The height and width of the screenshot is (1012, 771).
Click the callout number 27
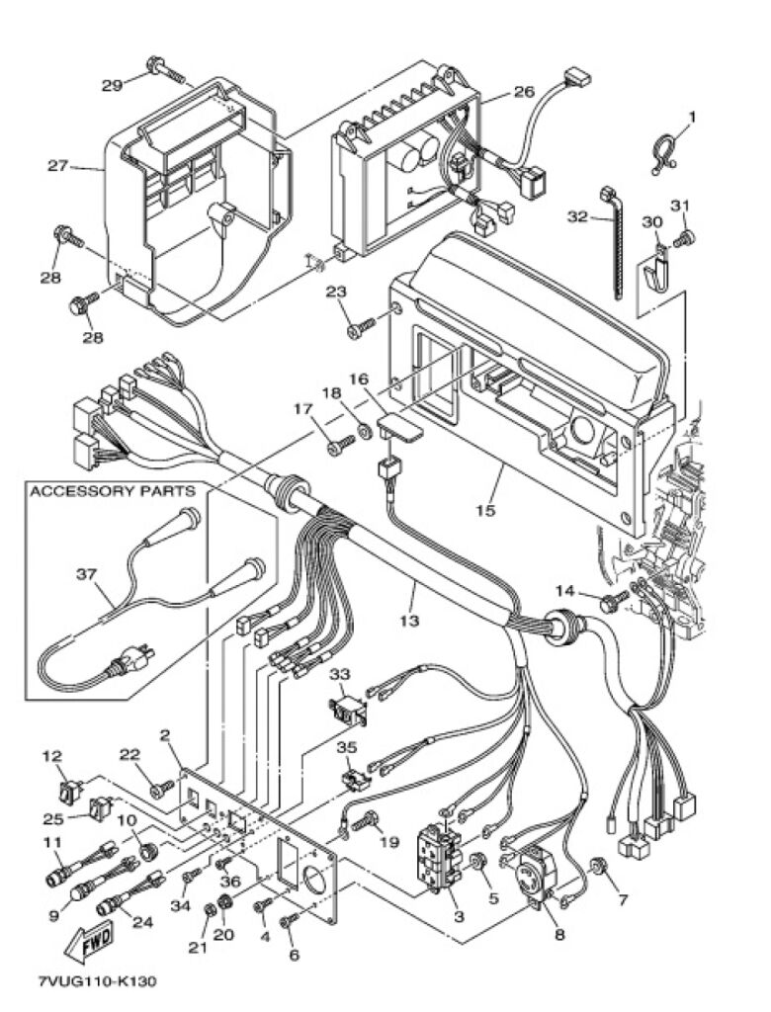57,166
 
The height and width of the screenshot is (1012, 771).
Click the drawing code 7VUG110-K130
96,981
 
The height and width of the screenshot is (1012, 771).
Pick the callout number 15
485,510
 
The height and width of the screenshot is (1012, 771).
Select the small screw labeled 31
684,239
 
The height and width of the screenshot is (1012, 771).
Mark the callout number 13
409,621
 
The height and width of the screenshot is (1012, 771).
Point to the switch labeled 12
71,789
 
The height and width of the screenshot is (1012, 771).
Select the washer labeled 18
363,431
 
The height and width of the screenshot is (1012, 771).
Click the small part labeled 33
349,711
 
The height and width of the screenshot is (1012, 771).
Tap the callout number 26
524,92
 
